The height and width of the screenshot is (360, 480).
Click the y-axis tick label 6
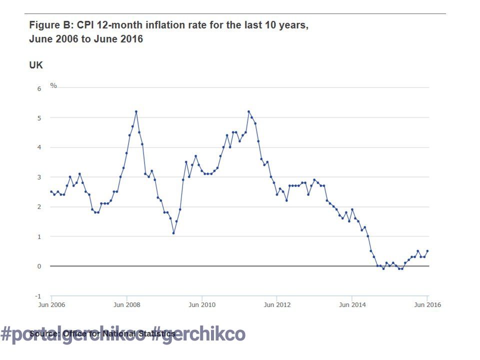(39, 88)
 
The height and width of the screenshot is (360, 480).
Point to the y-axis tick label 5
(39, 118)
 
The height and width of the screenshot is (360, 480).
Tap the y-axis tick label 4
(39, 147)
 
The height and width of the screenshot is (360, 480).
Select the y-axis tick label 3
(39, 177)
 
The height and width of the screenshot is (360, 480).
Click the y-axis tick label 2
(39, 207)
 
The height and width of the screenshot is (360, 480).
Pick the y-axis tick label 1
(39, 236)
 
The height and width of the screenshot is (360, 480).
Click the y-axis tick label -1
(38, 296)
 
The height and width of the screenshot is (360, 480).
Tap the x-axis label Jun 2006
(52, 304)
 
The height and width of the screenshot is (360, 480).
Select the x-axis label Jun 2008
(126, 304)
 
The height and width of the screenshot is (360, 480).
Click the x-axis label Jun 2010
(201, 304)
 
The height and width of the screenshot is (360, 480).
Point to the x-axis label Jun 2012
(277, 304)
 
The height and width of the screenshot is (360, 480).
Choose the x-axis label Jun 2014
(352, 304)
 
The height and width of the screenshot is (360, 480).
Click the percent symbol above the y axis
(53, 86)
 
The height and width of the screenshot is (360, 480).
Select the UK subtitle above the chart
(36, 65)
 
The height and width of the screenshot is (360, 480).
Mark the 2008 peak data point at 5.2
(136, 111)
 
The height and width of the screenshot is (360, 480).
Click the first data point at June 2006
(51, 191)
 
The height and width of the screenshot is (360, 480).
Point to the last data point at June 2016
(427, 251)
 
